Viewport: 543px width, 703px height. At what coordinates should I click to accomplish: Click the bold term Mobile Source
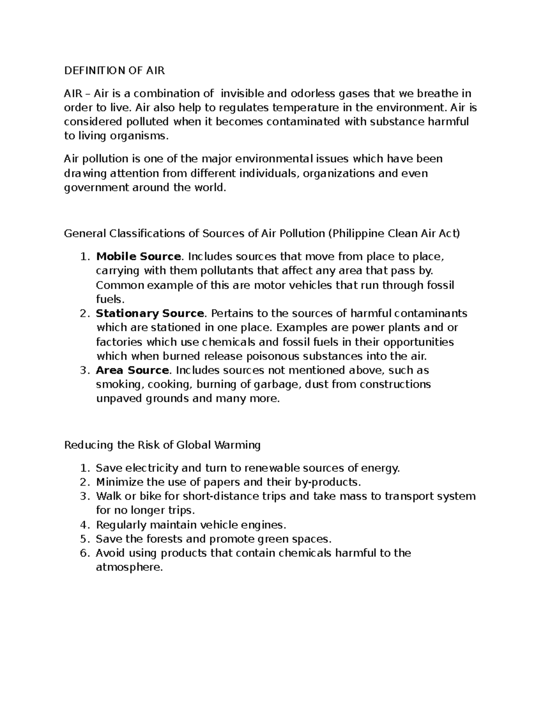(x=138, y=257)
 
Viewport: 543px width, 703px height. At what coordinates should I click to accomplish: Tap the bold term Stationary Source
(x=150, y=313)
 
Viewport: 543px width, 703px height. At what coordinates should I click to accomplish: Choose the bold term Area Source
(x=132, y=370)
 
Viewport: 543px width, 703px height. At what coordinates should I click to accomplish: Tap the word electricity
(x=152, y=468)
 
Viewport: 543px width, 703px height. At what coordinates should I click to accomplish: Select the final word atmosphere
(x=129, y=567)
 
